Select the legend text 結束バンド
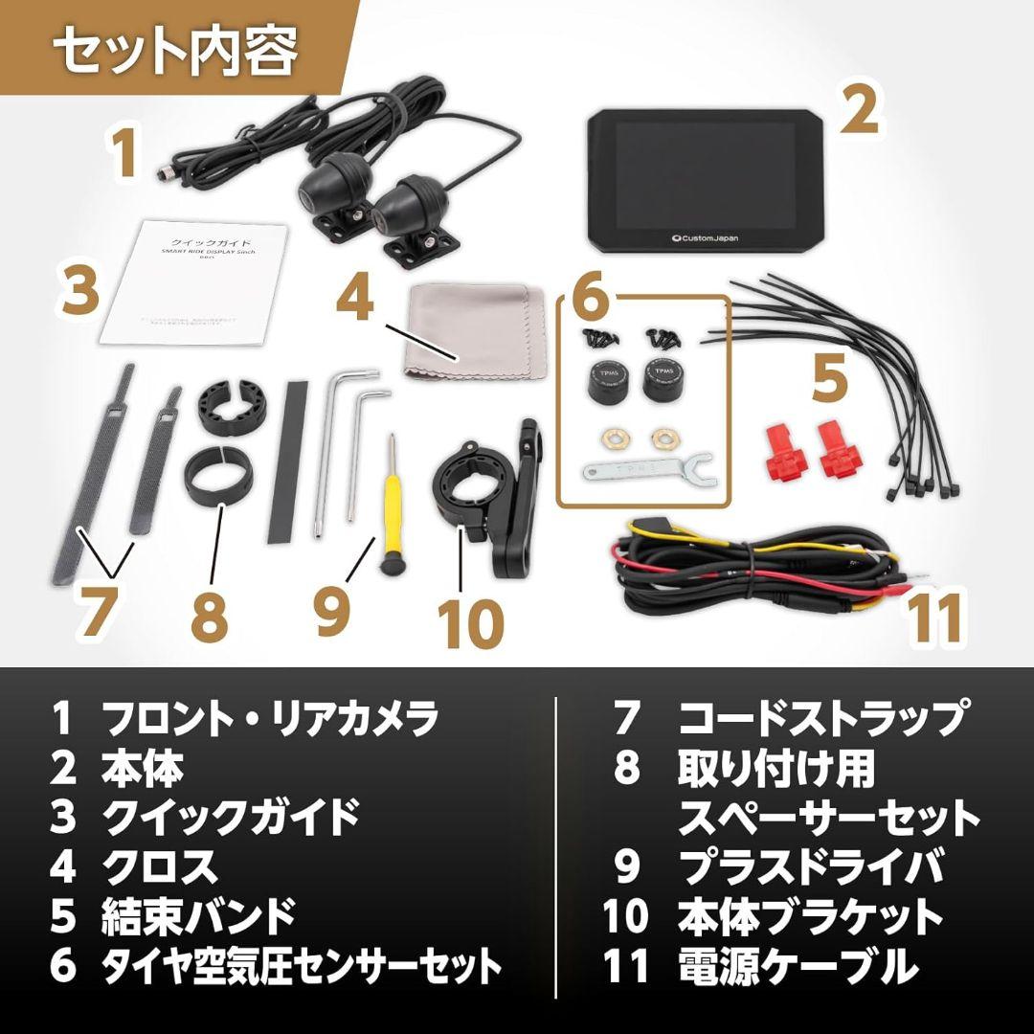(199, 916)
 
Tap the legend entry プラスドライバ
(810, 866)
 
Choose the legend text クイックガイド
(230, 817)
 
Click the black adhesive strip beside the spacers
(286, 450)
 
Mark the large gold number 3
(81, 292)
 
